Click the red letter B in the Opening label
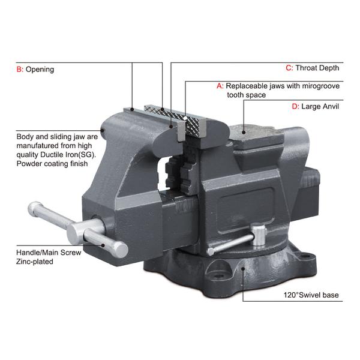pyautogui.click(x=19, y=70)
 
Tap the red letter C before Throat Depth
pyautogui.click(x=289, y=68)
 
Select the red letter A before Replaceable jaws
pyautogui.click(x=220, y=86)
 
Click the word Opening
pyautogui.click(x=40, y=70)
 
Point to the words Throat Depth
pyautogui.click(x=317, y=68)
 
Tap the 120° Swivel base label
pyautogui.click(x=313, y=296)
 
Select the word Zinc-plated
pyautogui.click(x=37, y=262)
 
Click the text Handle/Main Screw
pyautogui.click(x=49, y=253)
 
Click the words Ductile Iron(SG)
pyautogui.click(x=65, y=154)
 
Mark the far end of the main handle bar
pyautogui.click(x=34, y=210)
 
